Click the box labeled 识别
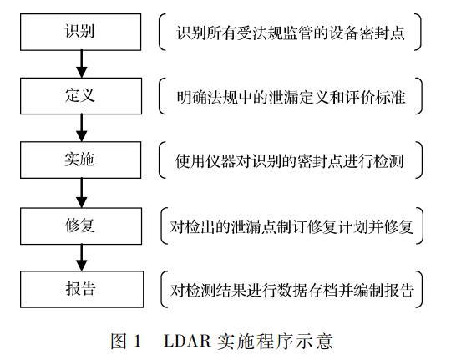point(81,33)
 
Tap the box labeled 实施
point(81,160)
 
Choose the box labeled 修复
point(81,224)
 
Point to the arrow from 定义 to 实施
point(81,128)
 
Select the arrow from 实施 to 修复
point(81,192)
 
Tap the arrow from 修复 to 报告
point(81,256)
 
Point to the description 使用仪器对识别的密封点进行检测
point(291,160)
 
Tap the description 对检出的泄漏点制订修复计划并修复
point(291,225)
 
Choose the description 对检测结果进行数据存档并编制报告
point(291,289)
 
